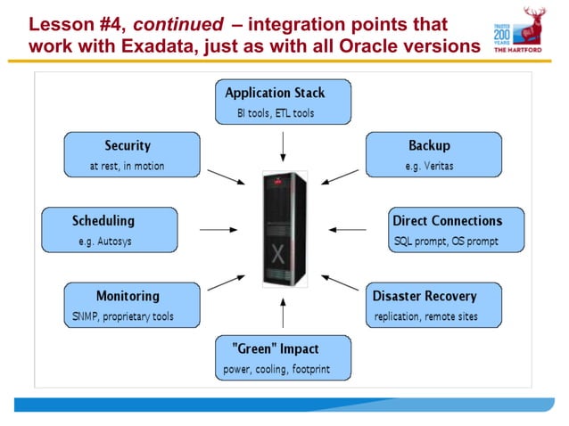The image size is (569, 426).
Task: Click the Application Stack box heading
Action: click(x=275, y=93)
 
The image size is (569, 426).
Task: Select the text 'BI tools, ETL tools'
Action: click(x=275, y=113)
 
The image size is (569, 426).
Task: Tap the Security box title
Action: click(x=128, y=145)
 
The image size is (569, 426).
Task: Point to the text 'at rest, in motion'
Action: click(x=127, y=166)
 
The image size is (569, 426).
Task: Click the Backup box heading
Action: click(x=429, y=145)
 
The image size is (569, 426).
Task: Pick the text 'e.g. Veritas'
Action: click(x=431, y=166)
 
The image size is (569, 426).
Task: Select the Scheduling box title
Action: click(x=103, y=220)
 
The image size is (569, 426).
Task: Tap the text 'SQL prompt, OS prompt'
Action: click(x=446, y=242)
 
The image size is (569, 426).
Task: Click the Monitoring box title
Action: click(x=128, y=296)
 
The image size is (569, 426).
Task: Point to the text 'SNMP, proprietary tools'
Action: click(x=123, y=316)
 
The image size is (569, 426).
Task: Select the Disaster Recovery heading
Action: click(x=425, y=296)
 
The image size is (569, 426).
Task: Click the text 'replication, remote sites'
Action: click(x=425, y=316)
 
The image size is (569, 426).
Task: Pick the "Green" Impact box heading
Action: click(x=275, y=348)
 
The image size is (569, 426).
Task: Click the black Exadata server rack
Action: click(x=284, y=229)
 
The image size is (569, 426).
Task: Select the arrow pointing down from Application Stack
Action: click(x=284, y=145)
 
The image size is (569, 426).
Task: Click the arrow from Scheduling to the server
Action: click(x=219, y=230)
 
